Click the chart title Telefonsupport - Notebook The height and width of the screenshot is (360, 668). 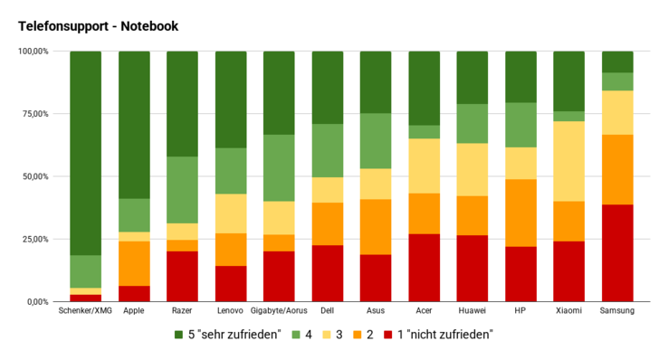(x=98, y=26)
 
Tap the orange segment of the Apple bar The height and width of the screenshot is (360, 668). (x=134, y=263)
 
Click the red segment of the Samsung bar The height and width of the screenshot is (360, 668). (x=617, y=252)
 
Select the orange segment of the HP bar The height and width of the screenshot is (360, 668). (x=520, y=213)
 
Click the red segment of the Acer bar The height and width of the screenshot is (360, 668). (x=424, y=267)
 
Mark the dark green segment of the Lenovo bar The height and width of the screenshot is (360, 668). (x=231, y=99)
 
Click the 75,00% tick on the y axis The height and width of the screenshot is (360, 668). (x=34, y=114)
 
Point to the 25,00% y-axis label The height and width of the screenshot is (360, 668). (x=34, y=239)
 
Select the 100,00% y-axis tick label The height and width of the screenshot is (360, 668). (x=33, y=52)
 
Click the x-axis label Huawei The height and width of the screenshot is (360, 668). (x=472, y=310)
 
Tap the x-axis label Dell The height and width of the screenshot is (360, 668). (x=327, y=310)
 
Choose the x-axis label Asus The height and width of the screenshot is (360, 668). (x=376, y=310)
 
